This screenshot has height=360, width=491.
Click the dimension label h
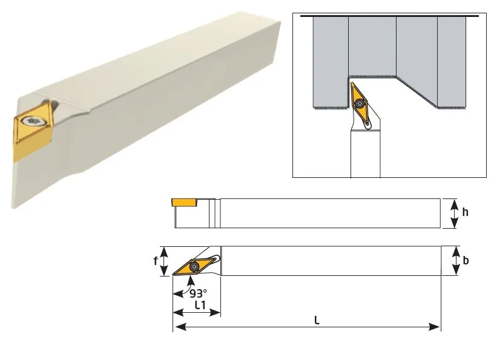pyautogui.click(x=466, y=212)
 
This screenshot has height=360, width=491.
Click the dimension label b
pyautogui.click(x=466, y=260)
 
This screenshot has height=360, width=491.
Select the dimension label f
pyautogui.click(x=156, y=260)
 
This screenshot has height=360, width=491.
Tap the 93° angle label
pyautogui.click(x=198, y=293)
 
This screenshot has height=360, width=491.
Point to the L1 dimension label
pyautogui.click(x=200, y=304)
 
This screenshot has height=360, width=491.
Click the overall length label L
pyautogui.click(x=317, y=320)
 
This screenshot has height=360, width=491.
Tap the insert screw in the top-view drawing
pyautogui.click(x=194, y=267)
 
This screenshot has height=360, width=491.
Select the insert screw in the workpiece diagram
pyautogui.click(x=360, y=103)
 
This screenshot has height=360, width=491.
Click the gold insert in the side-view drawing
pyautogui.click(x=185, y=202)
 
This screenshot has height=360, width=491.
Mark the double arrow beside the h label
pyautogui.click(x=454, y=213)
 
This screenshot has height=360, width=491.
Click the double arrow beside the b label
pyautogui.click(x=455, y=261)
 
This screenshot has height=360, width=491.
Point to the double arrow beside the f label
pyautogui.click(x=164, y=261)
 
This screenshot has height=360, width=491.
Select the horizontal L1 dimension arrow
pyautogui.click(x=197, y=312)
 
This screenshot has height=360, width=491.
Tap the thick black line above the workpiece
pyautogui.click(x=389, y=16)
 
